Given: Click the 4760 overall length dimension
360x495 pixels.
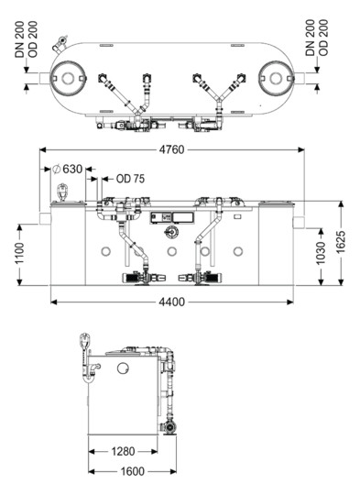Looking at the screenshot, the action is coord(171,149).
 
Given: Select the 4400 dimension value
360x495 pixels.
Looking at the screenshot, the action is coord(171,302).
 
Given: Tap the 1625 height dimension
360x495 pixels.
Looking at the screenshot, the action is coord(341,242).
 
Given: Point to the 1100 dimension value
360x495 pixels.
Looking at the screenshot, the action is coord(19,253).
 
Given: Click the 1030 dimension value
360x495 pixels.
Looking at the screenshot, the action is coord(321,254).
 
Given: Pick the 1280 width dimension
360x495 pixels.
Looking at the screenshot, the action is coord(123,451).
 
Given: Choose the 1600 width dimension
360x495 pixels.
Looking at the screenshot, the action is coord(133,472).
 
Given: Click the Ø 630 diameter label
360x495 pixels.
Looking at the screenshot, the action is coord(67,169).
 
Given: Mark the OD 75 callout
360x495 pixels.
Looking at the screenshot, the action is coord(130,179).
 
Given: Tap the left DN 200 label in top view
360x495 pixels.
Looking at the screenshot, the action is coord(19,39).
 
